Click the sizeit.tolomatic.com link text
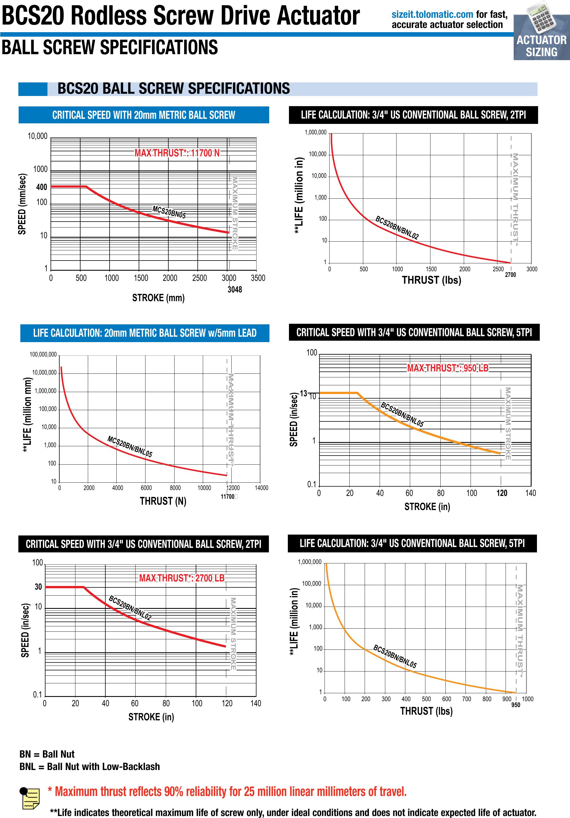pyautogui.click(x=432, y=15)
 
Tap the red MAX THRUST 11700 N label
pyautogui.click(x=177, y=153)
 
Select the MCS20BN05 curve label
pyautogui.click(x=169, y=212)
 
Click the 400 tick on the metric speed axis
pyautogui.click(x=42, y=187)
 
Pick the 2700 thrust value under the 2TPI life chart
pyautogui.click(x=510, y=275)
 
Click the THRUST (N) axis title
pyautogui.click(x=163, y=501)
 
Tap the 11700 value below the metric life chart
pyautogui.click(x=227, y=497)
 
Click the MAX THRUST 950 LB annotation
pyautogui.click(x=448, y=368)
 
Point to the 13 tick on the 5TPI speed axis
pyautogui.click(x=303, y=393)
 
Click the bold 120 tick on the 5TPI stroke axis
pyautogui.click(x=502, y=493)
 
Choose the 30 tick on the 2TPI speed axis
pyautogui.click(x=38, y=587)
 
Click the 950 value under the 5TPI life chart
pyautogui.click(x=515, y=705)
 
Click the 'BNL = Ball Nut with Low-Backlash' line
pyautogui.click(x=90, y=766)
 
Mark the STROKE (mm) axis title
pyautogui.click(x=158, y=298)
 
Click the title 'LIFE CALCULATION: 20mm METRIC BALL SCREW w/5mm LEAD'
pyautogui.click(x=145, y=333)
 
